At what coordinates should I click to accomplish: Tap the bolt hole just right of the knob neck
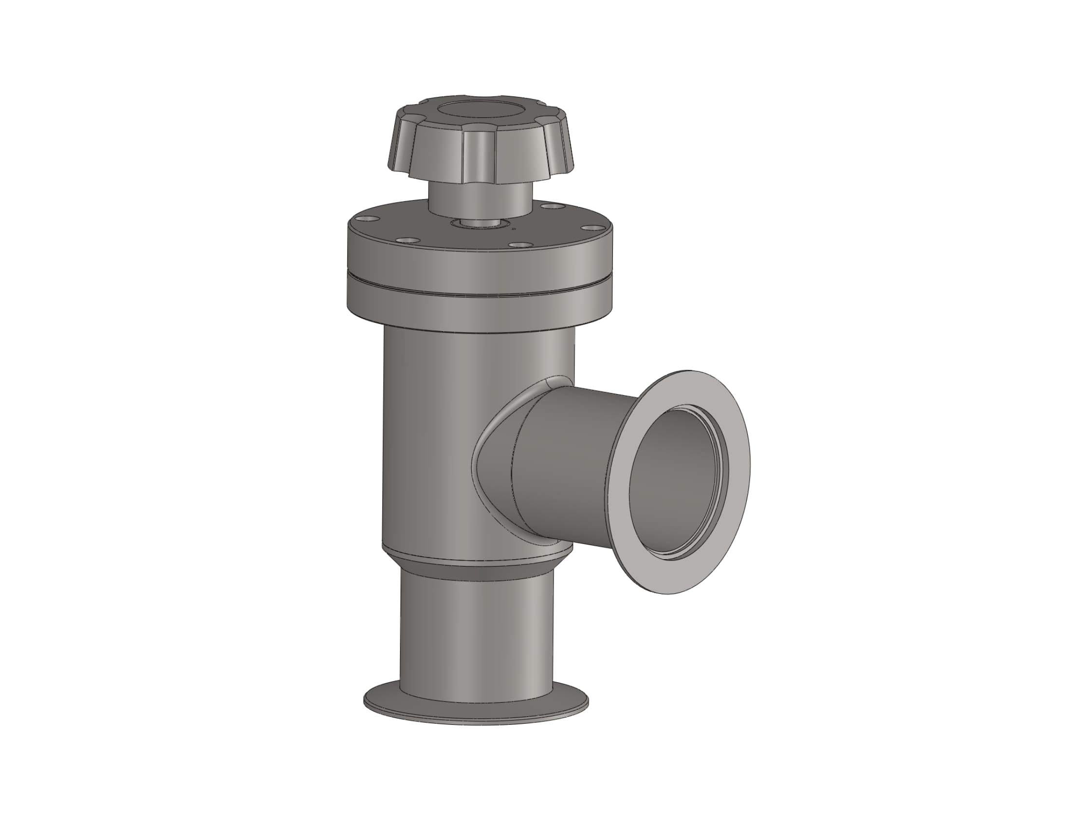click(x=554, y=207)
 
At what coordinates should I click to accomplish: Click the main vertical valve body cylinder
click(x=431, y=441)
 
